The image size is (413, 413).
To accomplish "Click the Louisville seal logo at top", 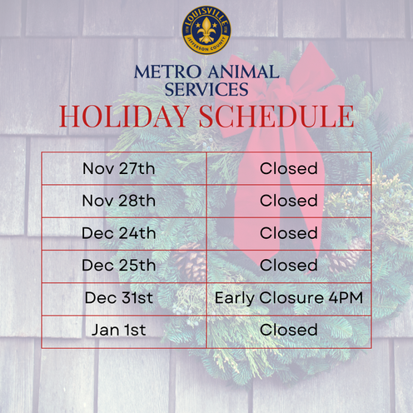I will point(206,32).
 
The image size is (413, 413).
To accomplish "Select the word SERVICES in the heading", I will point(206,89).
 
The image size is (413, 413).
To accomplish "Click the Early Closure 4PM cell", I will point(288,298).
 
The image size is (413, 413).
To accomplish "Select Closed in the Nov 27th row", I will point(288,168).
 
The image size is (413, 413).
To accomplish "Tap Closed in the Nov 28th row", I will point(288,201).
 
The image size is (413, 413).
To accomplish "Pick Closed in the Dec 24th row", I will point(288,233).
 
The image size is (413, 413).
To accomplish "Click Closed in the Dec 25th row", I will point(288,266).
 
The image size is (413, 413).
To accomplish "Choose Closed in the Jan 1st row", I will point(288,331).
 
